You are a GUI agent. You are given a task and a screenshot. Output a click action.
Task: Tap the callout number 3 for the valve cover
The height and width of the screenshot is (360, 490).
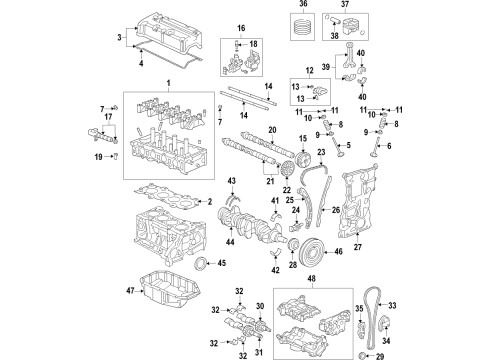pos(121,39)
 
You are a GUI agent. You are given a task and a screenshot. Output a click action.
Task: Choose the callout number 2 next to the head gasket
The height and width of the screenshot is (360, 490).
pos(239,201)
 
